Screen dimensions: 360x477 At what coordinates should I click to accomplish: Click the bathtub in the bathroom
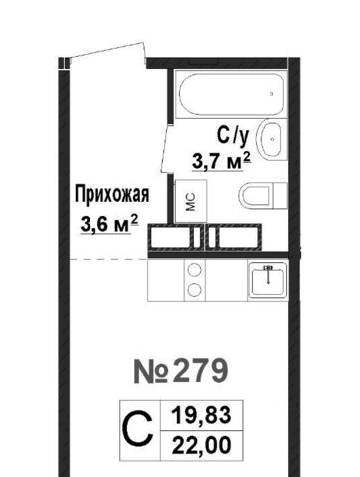tap(231, 94)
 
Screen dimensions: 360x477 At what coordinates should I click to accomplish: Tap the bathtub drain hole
tap(271, 94)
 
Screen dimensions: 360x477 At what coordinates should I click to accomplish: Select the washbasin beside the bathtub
tap(271, 139)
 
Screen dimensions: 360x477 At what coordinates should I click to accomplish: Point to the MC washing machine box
tap(191, 201)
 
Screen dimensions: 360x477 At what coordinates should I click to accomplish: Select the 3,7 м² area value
tap(221, 162)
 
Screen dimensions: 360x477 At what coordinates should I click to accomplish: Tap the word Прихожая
tap(111, 194)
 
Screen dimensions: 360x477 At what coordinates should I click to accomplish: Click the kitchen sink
tap(268, 279)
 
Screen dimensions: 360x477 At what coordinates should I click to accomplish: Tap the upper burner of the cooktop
tap(195, 270)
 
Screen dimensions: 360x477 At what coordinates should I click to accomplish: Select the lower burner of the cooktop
tap(195, 290)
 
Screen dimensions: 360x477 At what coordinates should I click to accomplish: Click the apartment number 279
tap(201, 371)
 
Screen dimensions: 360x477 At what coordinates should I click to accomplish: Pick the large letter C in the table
tap(139, 429)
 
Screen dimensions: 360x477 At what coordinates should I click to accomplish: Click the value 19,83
tap(201, 415)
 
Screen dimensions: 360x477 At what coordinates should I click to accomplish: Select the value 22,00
tap(201, 445)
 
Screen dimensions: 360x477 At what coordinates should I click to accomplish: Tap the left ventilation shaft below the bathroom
tap(174, 237)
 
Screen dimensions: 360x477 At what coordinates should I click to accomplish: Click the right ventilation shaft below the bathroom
tap(234, 237)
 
